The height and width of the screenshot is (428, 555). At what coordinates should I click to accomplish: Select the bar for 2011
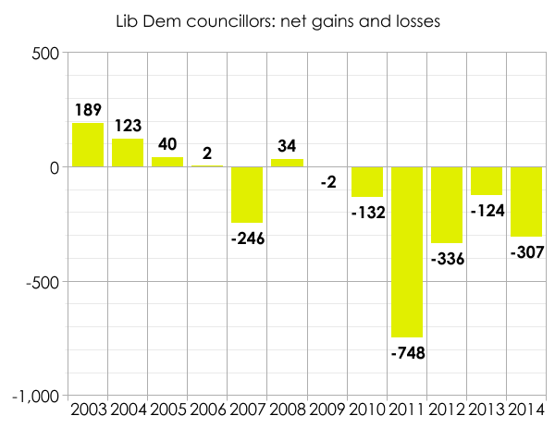406,251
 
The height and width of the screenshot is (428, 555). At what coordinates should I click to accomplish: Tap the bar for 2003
88,145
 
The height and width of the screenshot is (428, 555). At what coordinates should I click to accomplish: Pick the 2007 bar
247,195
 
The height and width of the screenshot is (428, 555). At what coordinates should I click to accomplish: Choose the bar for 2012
447,205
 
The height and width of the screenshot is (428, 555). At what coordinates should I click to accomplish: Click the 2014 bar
526,202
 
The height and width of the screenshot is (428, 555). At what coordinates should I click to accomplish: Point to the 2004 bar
128,153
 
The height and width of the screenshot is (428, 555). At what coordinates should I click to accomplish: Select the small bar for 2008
287,163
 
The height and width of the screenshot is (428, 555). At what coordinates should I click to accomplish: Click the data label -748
407,351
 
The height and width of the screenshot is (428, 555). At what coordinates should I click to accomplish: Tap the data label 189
88,110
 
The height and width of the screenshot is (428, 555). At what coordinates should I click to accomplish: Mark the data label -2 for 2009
327,182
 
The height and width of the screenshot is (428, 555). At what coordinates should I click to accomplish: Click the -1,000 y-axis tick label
36,396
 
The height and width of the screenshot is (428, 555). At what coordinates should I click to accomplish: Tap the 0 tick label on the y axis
55,167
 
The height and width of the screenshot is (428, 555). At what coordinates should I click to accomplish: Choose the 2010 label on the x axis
366,410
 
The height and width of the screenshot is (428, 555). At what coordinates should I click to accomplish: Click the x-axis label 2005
167,410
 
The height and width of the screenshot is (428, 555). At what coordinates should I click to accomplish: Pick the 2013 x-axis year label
487,410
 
